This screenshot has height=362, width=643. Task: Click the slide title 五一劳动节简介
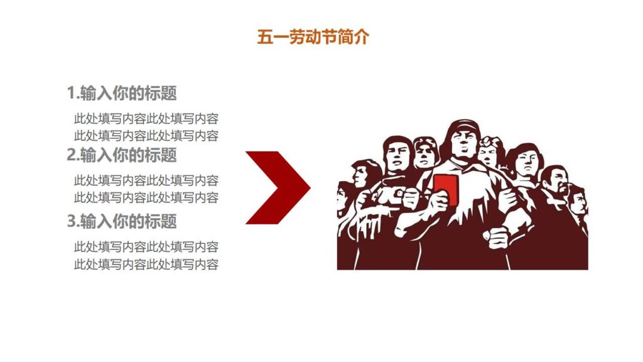point(313,37)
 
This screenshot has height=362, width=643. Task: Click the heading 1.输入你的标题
point(122,94)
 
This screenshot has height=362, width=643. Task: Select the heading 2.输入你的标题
point(122,155)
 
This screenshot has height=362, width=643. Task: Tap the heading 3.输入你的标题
point(122,221)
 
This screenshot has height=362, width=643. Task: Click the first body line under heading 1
point(146,118)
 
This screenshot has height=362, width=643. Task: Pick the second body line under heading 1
point(146,135)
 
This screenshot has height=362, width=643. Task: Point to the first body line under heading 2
point(146,180)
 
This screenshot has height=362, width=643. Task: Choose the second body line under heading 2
point(146,197)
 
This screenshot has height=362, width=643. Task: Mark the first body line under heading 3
point(146,247)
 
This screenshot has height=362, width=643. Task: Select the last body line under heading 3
point(146,264)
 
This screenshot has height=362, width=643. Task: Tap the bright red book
point(445,188)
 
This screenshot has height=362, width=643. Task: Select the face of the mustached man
point(555,182)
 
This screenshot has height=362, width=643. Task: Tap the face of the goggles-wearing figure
point(426,153)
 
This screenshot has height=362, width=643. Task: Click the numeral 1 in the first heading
point(71,94)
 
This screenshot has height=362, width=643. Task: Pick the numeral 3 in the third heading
point(71,221)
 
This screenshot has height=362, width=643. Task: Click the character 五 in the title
point(264,37)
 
